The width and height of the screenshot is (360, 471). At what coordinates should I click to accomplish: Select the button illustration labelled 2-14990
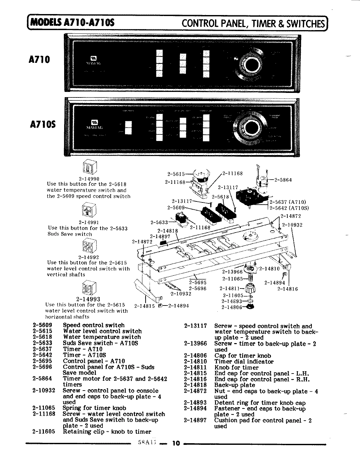coord(89,168)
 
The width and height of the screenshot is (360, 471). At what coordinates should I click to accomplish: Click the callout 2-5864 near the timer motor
coord(283,180)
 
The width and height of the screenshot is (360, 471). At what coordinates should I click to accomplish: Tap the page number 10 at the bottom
coord(176,444)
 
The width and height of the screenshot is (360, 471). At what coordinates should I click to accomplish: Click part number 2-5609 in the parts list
coord(42,325)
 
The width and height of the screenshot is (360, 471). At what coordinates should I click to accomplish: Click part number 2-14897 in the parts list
coord(195,420)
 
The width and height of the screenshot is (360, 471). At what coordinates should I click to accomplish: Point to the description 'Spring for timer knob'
coord(94,408)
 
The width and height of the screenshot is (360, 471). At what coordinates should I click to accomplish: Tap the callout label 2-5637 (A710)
coord(288,202)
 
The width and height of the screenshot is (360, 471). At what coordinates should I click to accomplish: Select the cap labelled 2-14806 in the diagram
coord(251,306)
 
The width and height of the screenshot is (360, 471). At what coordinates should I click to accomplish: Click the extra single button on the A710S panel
coord(128,128)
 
